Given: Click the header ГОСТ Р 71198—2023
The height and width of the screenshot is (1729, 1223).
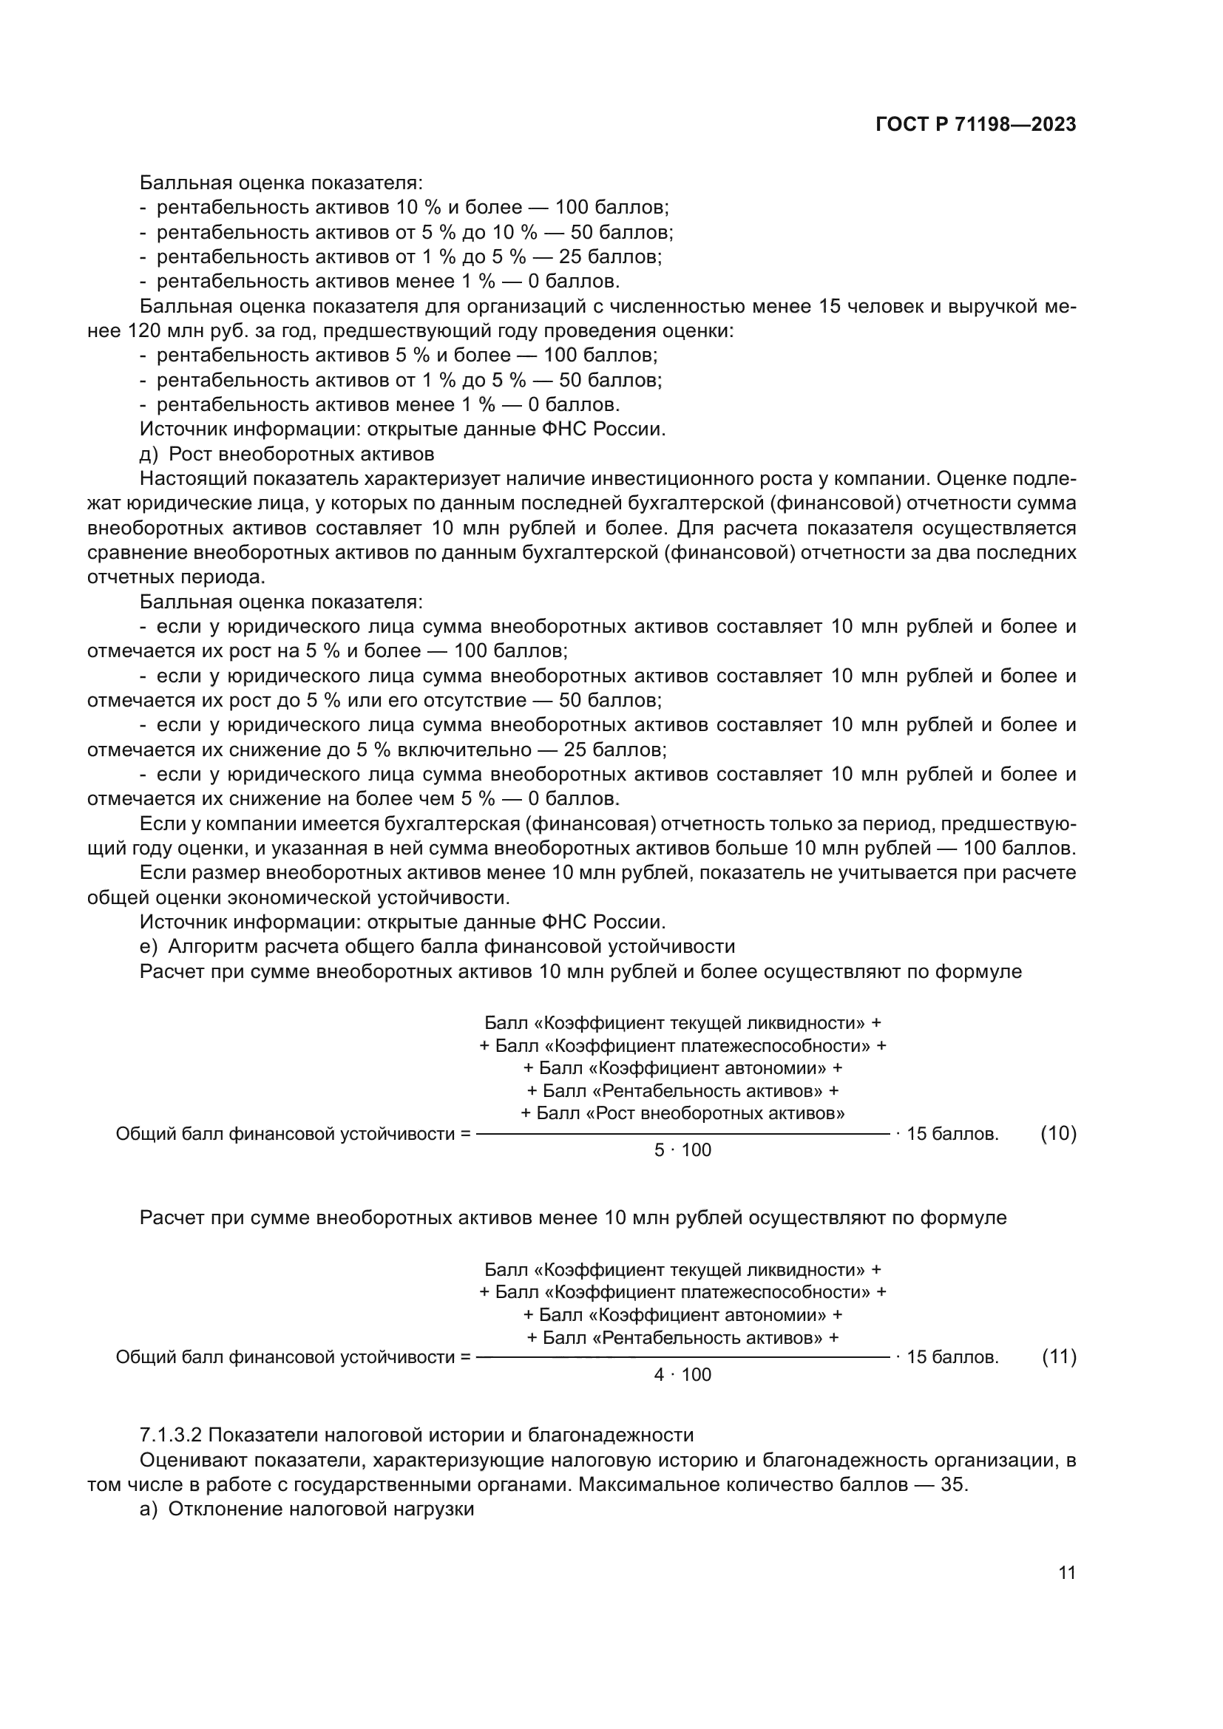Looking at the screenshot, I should click(x=976, y=125).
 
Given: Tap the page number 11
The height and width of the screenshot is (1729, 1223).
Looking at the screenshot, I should click(x=1066, y=1573).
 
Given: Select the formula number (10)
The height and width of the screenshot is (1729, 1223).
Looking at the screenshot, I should click(x=1058, y=1133).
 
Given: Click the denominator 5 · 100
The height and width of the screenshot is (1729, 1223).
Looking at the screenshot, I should click(x=682, y=1150).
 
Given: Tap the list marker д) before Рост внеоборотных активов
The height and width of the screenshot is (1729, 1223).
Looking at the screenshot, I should click(x=149, y=454).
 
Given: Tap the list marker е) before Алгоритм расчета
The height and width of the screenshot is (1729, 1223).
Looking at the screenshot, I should click(x=149, y=946).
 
